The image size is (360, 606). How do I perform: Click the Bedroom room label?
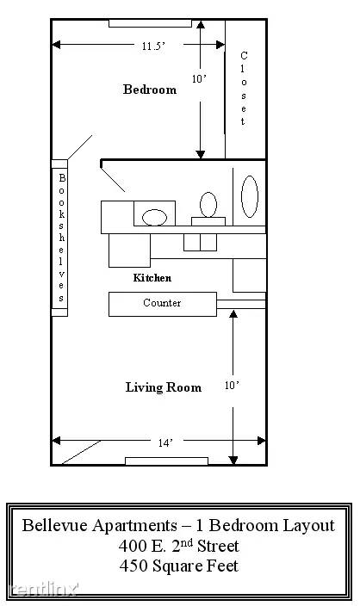click(x=150, y=90)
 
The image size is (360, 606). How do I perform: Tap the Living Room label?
click(x=163, y=387)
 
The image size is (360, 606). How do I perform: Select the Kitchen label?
click(x=152, y=277)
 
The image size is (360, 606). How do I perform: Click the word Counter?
click(x=162, y=303)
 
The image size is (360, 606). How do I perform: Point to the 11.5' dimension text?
click(x=153, y=46)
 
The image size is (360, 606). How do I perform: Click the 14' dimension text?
click(x=165, y=443)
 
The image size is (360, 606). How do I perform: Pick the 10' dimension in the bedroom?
click(x=199, y=79)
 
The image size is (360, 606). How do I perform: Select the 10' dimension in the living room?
click(x=232, y=386)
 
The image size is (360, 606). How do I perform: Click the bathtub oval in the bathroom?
click(x=250, y=196)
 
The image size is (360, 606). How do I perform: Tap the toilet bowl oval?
click(x=208, y=205)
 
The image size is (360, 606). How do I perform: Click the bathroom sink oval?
click(x=155, y=217)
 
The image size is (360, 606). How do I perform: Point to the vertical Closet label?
click(x=243, y=88)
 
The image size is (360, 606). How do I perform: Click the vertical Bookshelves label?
click(x=61, y=238)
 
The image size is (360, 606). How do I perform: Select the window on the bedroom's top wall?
click(x=150, y=23)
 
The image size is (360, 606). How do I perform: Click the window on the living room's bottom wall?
click(x=167, y=461)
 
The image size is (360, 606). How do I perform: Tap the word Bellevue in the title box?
click(x=55, y=525)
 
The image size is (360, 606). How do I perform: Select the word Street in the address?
click(x=218, y=546)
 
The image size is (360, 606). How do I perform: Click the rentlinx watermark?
click(x=43, y=589)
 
